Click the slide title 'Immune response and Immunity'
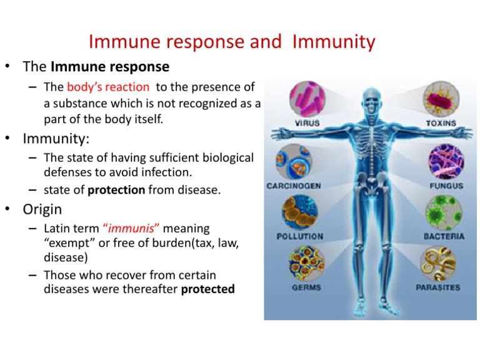(x=232, y=42)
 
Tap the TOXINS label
(x=441, y=124)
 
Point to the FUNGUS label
(x=446, y=186)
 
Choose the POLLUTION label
(x=300, y=236)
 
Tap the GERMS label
(x=306, y=287)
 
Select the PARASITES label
(x=438, y=287)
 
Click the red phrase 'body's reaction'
(x=108, y=87)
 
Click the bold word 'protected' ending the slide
(x=207, y=289)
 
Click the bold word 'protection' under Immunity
(x=116, y=189)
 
